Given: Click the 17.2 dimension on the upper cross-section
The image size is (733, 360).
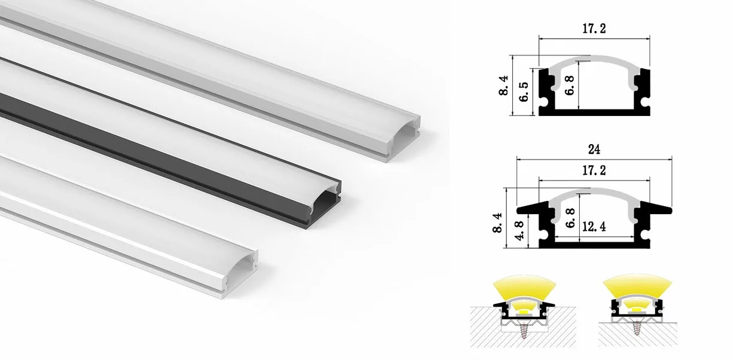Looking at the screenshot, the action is tap(594, 29).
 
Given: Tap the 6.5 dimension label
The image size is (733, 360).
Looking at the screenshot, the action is tap(524, 92).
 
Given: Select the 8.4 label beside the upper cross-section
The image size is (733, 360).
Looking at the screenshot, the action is tap(503, 86).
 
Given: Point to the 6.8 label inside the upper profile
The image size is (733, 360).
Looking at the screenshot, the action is tap(570, 86).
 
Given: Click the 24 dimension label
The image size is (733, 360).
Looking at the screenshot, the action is tap(594, 150).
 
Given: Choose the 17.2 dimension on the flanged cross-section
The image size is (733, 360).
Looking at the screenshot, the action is tap(594, 170).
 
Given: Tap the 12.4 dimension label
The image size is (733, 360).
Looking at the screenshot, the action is tap(594, 226).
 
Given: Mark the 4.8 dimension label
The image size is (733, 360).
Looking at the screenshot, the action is tap(519, 231).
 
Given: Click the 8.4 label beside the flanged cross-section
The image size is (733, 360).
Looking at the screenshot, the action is tap(497, 222).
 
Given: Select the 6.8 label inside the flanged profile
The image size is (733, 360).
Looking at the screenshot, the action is tap(570, 218).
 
